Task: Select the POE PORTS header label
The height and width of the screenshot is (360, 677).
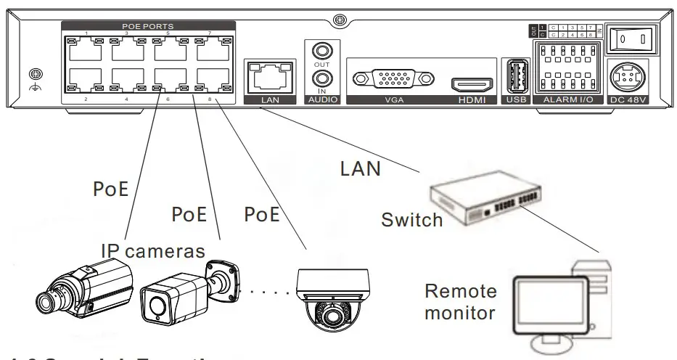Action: (147, 26)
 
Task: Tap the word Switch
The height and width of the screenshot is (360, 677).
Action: (411, 220)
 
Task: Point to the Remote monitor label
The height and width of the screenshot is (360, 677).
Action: (461, 303)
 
